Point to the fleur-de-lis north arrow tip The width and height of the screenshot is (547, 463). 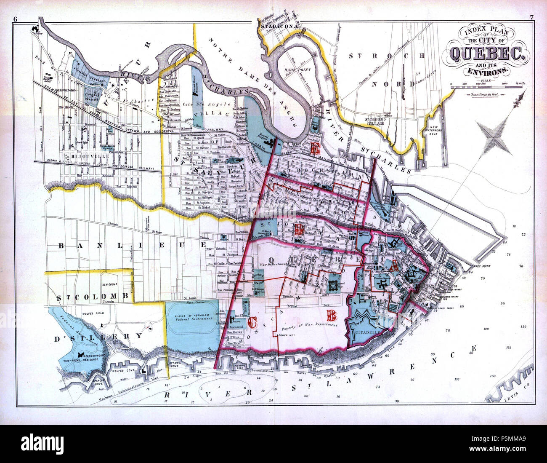(x=520, y=99)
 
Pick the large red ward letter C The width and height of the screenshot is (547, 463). (x=252, y=322)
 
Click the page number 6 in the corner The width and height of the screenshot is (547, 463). (x=15, y=19)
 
